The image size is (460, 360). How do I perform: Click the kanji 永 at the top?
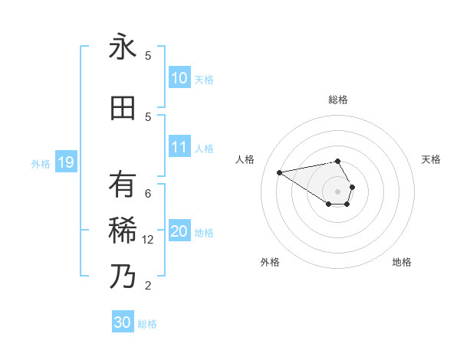(123, 47)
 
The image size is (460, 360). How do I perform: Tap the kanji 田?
(123, 108)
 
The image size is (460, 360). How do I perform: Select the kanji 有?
(123, 185)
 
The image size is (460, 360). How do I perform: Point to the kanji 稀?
(123, 229)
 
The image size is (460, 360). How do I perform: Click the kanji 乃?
(123, 276)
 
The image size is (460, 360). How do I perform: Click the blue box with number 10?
(179, 78)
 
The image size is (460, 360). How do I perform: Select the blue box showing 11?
(179, 147)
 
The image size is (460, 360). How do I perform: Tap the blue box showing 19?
(65, 162)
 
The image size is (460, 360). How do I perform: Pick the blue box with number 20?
(179, 232)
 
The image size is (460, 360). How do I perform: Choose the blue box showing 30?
(123, 322)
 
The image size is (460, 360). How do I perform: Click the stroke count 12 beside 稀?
(149, 240)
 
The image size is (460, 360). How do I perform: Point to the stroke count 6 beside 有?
(148, 194)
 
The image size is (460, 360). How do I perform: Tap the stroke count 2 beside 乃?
(148, 286)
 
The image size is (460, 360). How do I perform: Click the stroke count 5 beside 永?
(148, 56)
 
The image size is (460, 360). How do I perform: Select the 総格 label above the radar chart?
(338, 100)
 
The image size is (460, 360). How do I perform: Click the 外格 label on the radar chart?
(270, 262)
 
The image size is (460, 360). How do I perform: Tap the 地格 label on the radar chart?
(402, 262)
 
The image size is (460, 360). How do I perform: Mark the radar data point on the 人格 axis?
(279, 172)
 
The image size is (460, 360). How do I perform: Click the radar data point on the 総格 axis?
(338, 161)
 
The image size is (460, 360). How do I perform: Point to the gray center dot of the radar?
(338, 191)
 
